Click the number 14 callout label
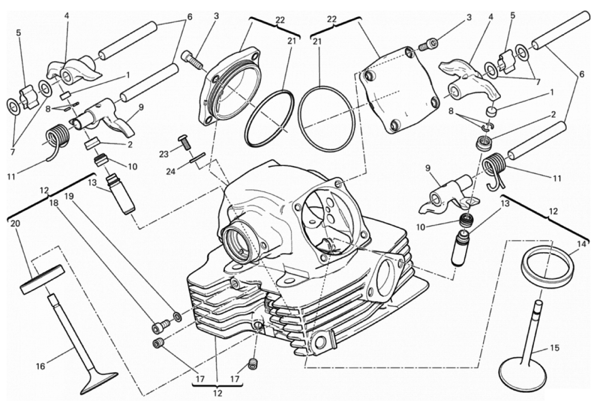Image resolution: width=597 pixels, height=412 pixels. (x=581, y=244)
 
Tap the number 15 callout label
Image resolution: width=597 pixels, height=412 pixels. (x=555, y=348)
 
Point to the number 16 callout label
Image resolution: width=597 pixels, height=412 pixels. (x=40, y=366)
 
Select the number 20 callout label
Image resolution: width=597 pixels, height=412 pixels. (x=15, y=224)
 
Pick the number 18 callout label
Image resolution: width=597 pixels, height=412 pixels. (x=54, y=203)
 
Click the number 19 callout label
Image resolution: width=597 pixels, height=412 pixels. (x=68, y=196)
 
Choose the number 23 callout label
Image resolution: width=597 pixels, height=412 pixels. (x=164, y=154)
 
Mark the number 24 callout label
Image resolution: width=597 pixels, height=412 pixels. (x=171, y=172)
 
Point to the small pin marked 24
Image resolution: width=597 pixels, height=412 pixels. (x=198, y=157)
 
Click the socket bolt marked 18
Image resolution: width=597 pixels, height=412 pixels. (x=161, y=326)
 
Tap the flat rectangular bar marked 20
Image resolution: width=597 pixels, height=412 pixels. (x=41, y=280)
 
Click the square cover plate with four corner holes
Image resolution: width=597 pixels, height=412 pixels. (x=398, y=90)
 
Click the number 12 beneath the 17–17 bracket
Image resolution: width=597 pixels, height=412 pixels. (x=217, y=393)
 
